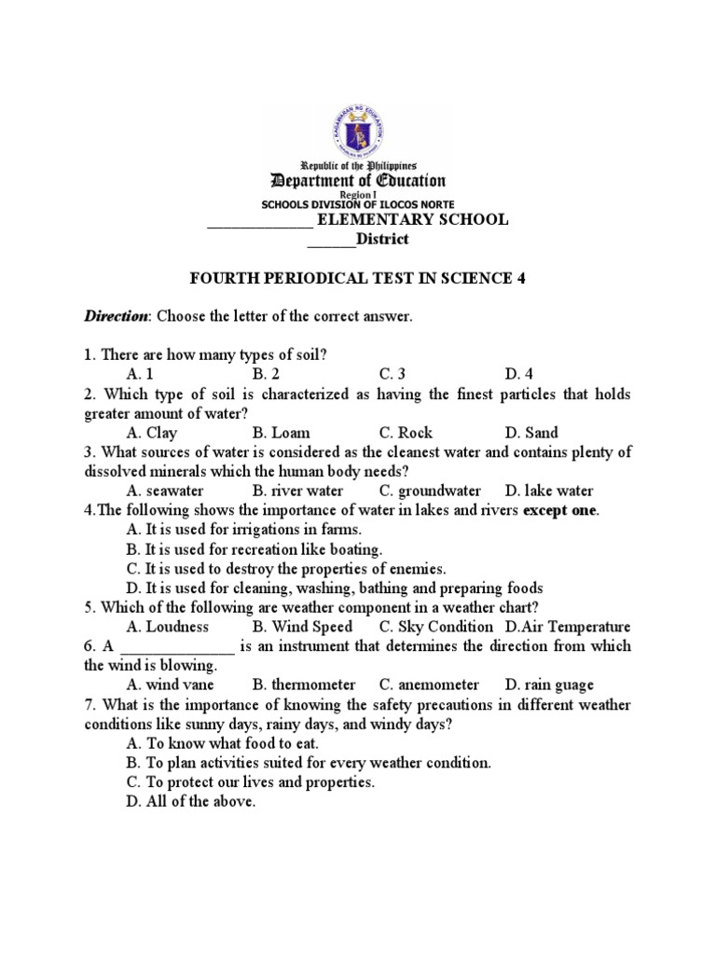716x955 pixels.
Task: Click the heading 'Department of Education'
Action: click(x=357, y=181)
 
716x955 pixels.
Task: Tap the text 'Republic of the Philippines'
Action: click(x=357, y=163)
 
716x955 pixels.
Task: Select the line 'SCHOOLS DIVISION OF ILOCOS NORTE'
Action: click(x=357, y=205)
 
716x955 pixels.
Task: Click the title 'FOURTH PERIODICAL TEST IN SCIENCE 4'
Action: click(x=357, y=279)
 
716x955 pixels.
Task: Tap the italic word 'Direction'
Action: click(x=117, y=317)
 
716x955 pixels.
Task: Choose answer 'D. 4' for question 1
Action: click(x=518, y=374)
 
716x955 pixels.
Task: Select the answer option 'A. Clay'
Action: click(x=151, y=433)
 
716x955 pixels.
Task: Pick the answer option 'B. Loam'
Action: click(x=281, y=433)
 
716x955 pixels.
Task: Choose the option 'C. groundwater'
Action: click(x=430, y=491)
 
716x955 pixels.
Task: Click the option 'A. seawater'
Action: click(x=165, y=491)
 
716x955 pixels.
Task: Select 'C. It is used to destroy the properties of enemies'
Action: click(x=286, y=568)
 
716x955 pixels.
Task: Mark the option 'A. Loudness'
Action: click(x=167, y=627)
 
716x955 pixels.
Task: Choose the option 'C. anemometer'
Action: click(x=429, y=685)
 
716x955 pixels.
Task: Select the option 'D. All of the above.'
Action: click(x=190, y=801)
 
